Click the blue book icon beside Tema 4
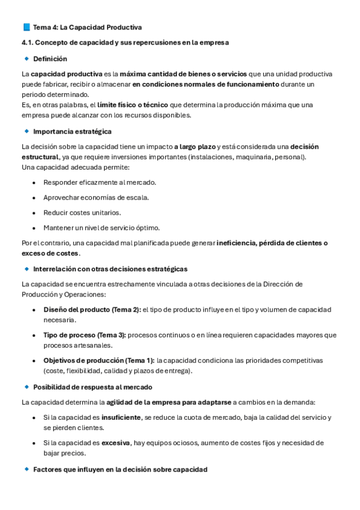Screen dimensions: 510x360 tap(26, 27)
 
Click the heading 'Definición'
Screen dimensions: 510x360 tap(50, 59)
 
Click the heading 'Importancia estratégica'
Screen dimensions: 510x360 tap(72, 131)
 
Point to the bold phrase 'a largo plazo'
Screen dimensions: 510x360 tap(194, 147)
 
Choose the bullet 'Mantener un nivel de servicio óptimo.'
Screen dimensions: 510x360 tap(102, 228)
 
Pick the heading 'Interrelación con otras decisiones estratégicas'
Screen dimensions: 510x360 tap(110, 269)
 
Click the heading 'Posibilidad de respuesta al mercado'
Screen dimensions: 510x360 tap(93, 387)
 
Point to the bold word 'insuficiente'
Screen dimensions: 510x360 tap(121, 417)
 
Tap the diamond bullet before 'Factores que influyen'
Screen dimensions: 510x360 tap(26, 469)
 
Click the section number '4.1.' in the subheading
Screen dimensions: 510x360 tap(28, 43)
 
